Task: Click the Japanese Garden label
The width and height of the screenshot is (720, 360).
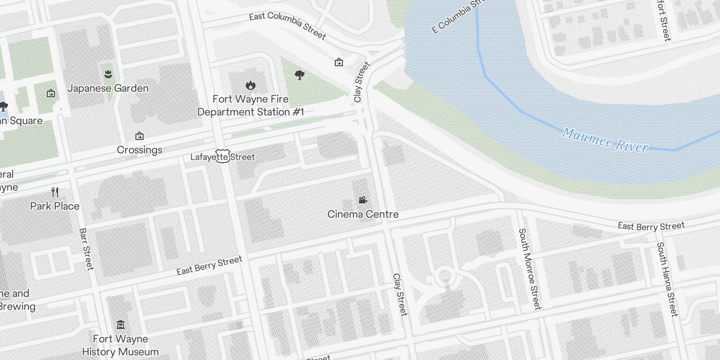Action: point(108,88)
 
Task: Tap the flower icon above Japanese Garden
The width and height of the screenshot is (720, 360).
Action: point(108,73)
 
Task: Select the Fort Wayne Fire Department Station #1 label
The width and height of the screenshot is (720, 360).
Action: point(251,105)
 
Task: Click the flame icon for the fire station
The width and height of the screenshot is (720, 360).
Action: point(251,85)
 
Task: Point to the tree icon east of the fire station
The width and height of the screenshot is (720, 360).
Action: point(299,75)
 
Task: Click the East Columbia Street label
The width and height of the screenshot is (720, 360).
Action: point(287,25)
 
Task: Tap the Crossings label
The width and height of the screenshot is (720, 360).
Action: point(139,150)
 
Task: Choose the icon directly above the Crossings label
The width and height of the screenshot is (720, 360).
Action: point(139,135)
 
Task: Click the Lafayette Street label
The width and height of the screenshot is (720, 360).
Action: point(222,157)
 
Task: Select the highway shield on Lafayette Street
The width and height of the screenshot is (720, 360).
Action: point(222,156)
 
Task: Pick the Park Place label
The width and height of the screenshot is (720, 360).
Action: point(55,206)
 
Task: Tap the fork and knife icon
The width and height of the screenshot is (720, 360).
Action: point(55,192)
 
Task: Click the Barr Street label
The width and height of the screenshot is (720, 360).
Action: point(86,249)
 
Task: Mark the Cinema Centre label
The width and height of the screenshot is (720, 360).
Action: point(363,214)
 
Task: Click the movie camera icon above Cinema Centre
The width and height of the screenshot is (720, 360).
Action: point(363,200)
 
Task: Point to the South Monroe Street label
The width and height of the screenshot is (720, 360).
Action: point(529,269)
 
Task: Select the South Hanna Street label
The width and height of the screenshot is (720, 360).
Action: point(667,279)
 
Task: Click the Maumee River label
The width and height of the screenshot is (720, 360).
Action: point(604,140)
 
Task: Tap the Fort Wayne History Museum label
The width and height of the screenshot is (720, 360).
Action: point(120,345)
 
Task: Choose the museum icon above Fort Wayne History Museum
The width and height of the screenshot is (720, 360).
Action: point(120,324)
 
